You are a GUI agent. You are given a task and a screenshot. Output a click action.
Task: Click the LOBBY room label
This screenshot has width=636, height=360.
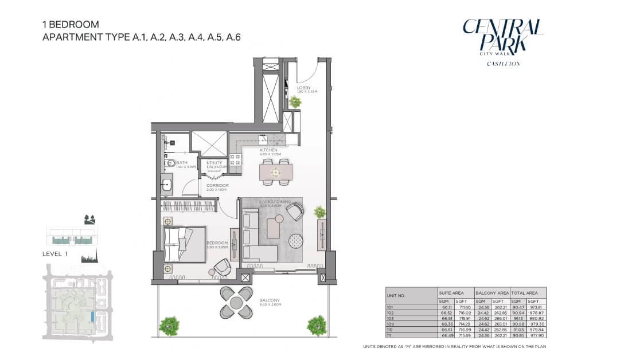(304, 88)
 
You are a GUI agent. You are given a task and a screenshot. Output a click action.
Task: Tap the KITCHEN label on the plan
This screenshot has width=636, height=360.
(268, 150)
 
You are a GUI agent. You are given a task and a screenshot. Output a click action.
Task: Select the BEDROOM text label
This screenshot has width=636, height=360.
(217, 243)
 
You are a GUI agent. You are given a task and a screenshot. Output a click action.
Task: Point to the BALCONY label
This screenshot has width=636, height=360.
(269, 300)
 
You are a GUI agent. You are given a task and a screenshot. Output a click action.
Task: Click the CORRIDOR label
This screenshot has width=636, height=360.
(218, 186)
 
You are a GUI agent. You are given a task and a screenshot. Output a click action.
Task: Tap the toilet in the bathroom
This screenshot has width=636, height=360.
(169, 163)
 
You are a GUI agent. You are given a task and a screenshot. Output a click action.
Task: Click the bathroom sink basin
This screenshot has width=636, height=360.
(167, 185)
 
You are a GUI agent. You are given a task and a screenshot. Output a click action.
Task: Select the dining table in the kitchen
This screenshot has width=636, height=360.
(276, 171)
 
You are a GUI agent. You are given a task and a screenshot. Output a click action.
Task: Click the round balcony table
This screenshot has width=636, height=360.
(236, 302)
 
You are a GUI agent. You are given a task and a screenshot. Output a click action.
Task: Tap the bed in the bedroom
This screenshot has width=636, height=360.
(184, 244)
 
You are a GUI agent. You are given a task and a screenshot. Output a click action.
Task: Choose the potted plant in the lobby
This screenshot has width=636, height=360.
(295, 102)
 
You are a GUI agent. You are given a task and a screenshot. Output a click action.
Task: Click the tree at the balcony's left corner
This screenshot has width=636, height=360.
(169, 326)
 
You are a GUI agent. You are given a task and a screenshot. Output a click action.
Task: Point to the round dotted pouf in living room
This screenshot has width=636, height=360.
(296, 241)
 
